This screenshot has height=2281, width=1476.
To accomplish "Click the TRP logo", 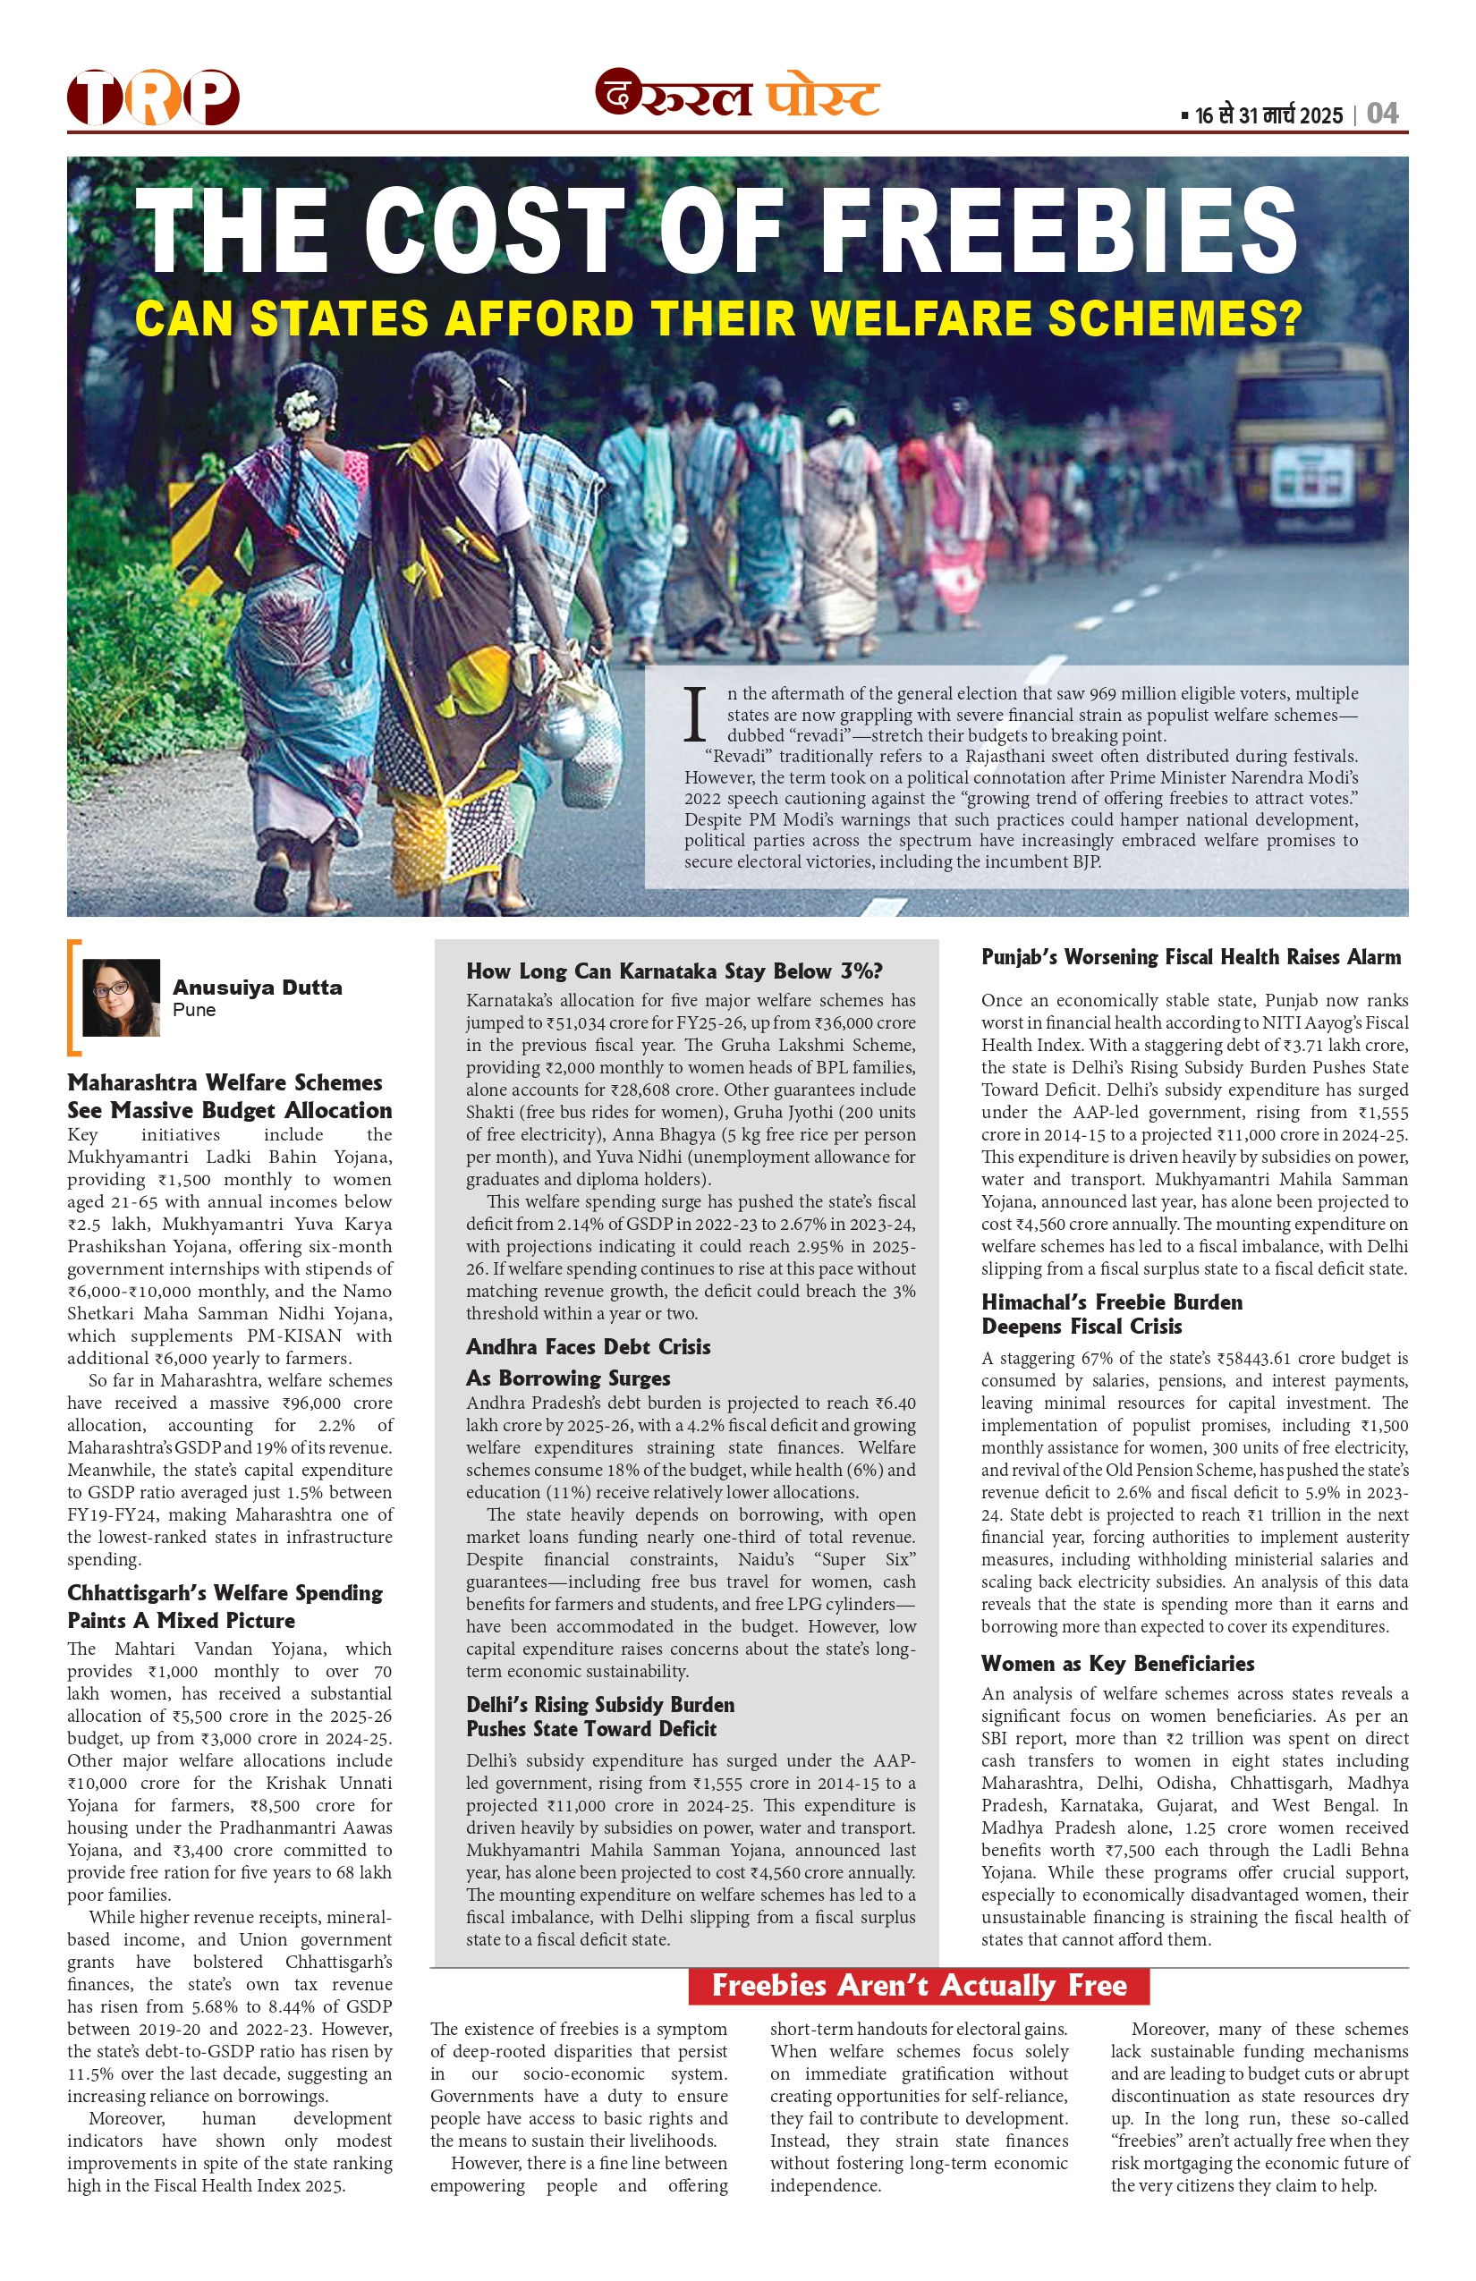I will [x=152, y=97].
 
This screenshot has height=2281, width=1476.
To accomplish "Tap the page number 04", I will [x=1382, y=114].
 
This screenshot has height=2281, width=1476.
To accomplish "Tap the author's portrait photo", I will [x=121, y=996].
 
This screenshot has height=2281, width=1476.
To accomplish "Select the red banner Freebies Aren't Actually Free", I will [x=918, y=1985].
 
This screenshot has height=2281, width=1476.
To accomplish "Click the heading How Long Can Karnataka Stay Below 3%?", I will [x=674, y=971].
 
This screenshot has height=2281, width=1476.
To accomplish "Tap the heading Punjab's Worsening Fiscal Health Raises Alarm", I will [x=1191, y=956].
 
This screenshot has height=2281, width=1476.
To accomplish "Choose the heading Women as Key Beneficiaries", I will [x=1117, y=1663].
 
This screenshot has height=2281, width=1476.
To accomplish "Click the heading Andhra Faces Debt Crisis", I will [x=588, y=1346].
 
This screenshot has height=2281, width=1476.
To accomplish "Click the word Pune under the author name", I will [x=193, y=1010].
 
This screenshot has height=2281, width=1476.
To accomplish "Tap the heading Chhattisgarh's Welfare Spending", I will [x=225, y=1593].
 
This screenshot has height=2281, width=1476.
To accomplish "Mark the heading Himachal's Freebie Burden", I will [x=1111, y=1302].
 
